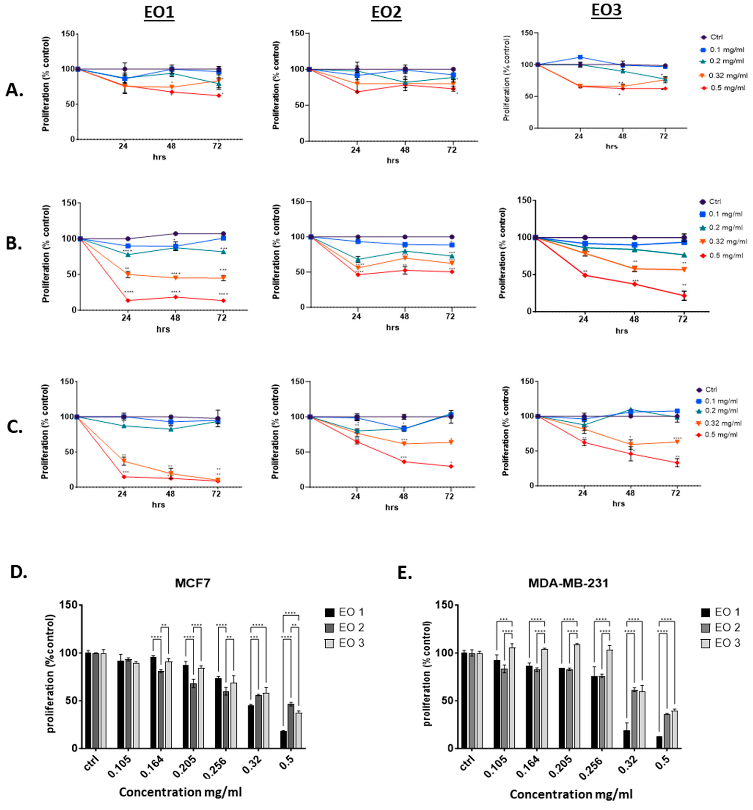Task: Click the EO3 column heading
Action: click(606, 10)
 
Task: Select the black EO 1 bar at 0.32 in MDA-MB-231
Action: click(627, 739)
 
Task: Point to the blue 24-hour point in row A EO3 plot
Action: click(580, 57)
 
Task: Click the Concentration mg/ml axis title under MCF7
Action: click(180, 792)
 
